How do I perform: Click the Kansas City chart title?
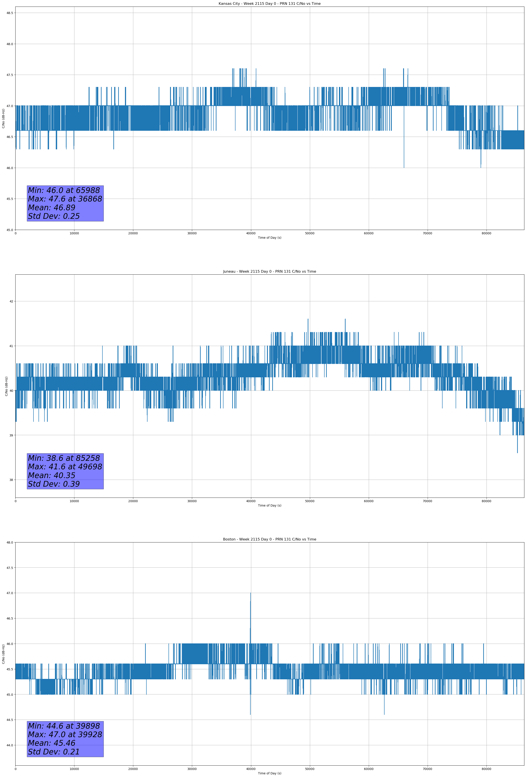[269, 4]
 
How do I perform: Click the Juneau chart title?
[269, 272]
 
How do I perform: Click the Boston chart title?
[269, 539]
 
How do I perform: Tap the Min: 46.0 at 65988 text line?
[64, 190]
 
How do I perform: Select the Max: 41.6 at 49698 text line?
[65, 467]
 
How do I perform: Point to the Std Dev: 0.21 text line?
[54, 752]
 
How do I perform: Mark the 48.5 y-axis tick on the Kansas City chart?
[9, 13]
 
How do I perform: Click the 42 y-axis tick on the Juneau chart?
[11, 301]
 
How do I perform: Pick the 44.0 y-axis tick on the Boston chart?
[9, 745]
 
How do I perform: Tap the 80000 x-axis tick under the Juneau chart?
[486, 501]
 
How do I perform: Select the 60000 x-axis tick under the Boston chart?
[369, 769]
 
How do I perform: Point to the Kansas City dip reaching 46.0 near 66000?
[404, 167]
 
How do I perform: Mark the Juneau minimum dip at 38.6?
[517, 452]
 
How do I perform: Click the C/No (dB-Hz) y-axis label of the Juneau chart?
[6, 386]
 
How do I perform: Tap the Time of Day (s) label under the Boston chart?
[269, 773]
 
